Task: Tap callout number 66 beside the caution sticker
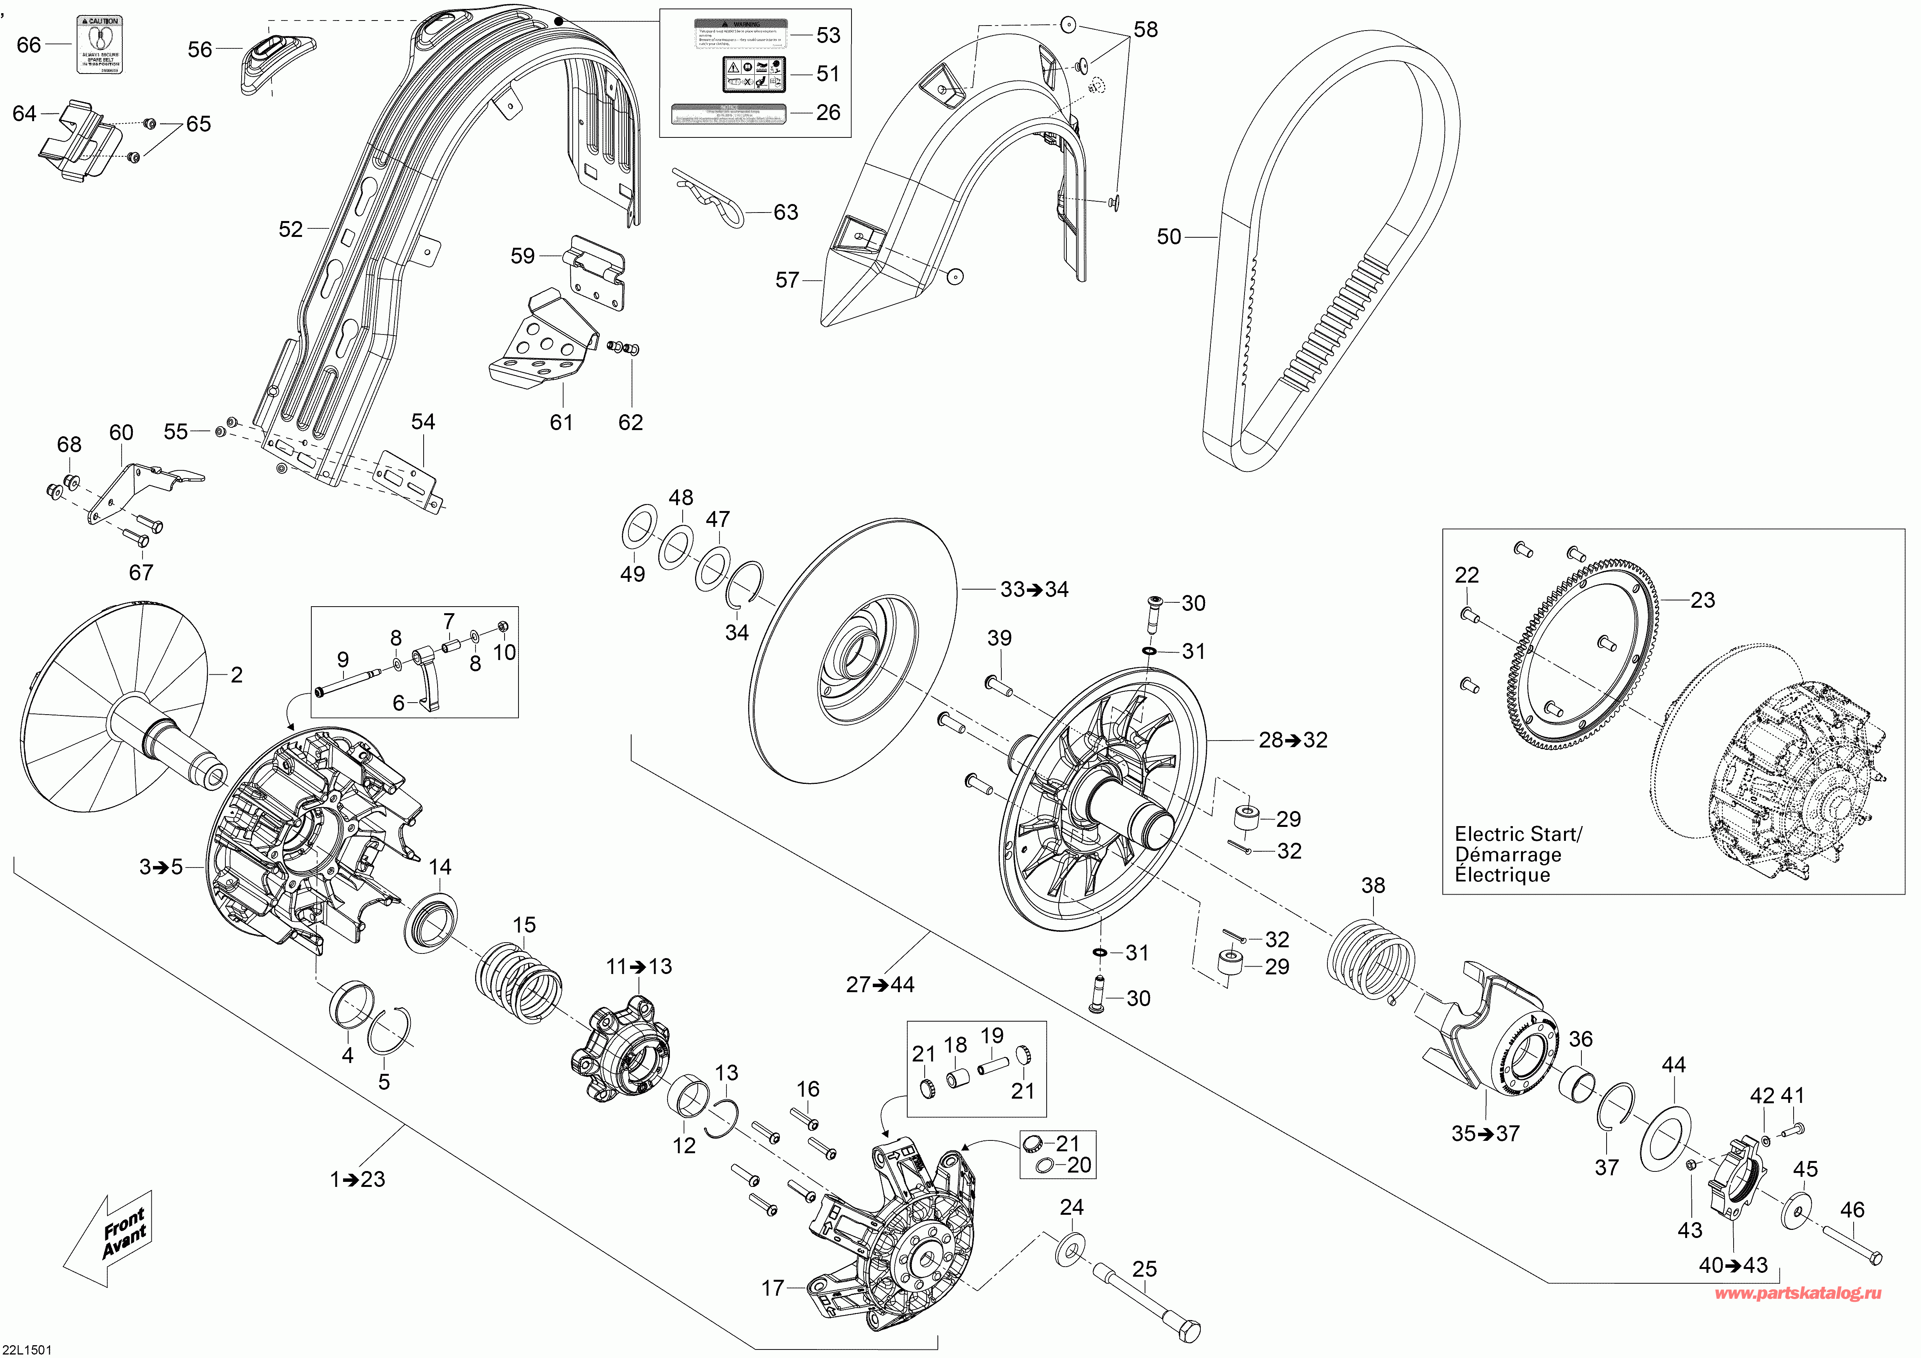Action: pos(28,45)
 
